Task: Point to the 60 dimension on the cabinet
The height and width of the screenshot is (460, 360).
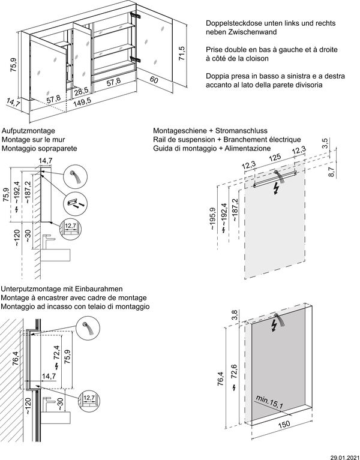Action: click(x=154, y=79)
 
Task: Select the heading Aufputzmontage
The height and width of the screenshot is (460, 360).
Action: click(x=29, y=130)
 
